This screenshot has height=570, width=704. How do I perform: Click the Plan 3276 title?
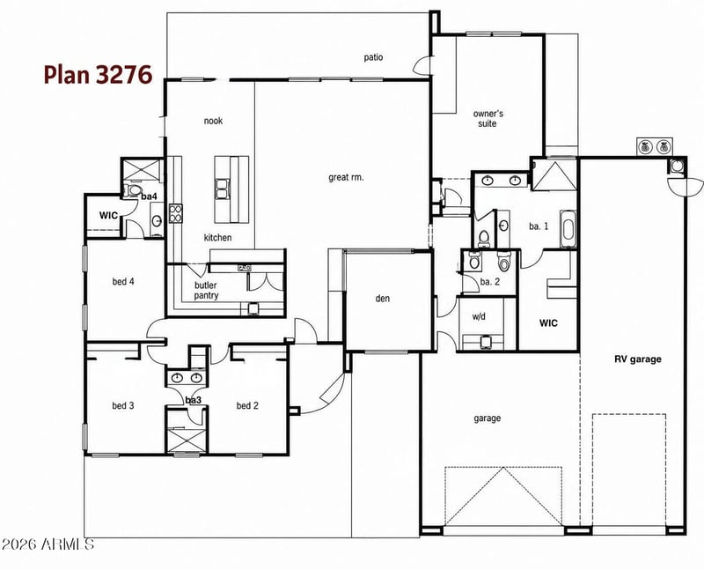point(98,75)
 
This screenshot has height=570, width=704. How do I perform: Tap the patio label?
point(373,57)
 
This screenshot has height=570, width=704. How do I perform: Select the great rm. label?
point(346,178)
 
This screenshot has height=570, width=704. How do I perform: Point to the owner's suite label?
point(488,119)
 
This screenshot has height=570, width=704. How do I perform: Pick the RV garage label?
point(637,359)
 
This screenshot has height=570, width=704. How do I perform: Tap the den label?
point(383,298)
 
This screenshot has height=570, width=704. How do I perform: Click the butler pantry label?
point(206,291)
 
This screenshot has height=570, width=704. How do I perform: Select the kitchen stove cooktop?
point(175,213)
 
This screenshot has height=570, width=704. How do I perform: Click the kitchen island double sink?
point(222,189)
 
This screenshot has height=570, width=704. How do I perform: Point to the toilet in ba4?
point(133,189)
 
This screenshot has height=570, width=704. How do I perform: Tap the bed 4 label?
point(123,282)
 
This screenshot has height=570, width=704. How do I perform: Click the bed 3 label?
point(123,406)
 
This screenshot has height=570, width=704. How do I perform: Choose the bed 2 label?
point(247,406)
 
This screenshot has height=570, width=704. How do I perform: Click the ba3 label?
point(193,400)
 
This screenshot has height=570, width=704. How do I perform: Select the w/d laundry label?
point(479,316)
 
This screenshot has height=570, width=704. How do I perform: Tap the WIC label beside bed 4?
point(108,215)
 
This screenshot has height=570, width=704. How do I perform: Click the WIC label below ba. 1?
point(548,322)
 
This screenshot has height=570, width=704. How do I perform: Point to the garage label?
point(488,418)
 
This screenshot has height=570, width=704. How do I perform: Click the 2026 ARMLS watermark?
point(48,544)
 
